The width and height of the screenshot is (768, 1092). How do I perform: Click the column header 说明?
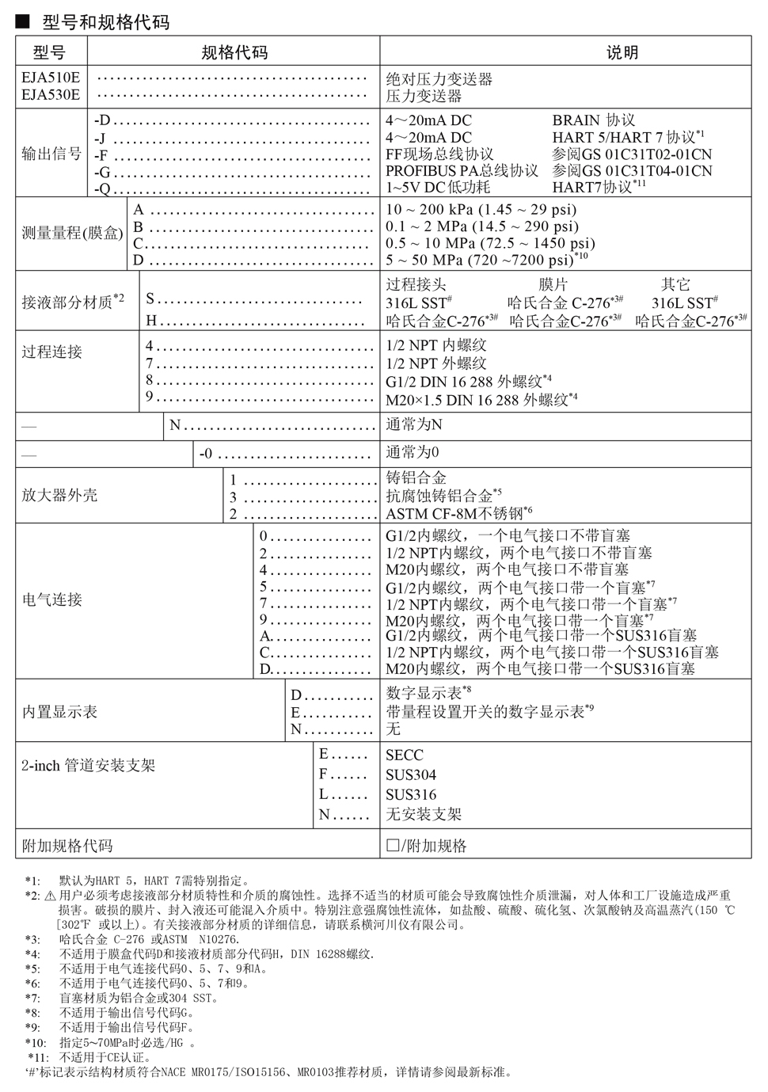pos(622,53)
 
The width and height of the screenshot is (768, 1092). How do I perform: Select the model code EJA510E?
pos(51,78)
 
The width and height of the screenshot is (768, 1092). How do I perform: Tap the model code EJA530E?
pos(51,95)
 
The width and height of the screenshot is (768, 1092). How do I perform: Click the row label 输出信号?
pos(51,154)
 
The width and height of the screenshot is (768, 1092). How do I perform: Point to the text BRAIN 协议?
pos(594,120)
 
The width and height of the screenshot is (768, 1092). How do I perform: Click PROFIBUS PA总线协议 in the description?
pos(462,171)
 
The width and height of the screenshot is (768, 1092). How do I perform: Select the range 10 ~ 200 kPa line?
pos(481,210)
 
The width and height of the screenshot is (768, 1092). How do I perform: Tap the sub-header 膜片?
pos(553,284)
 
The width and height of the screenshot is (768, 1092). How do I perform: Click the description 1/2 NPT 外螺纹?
pos(436,363)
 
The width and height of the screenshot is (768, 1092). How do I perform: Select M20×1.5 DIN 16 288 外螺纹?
pos(481,400)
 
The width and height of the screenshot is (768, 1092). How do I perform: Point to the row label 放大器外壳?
pos(59,496)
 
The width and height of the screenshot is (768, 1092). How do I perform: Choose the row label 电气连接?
pos(51,599)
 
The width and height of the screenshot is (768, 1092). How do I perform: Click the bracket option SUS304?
pos(411,775)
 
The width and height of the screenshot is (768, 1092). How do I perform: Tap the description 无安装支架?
pos(424,814)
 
